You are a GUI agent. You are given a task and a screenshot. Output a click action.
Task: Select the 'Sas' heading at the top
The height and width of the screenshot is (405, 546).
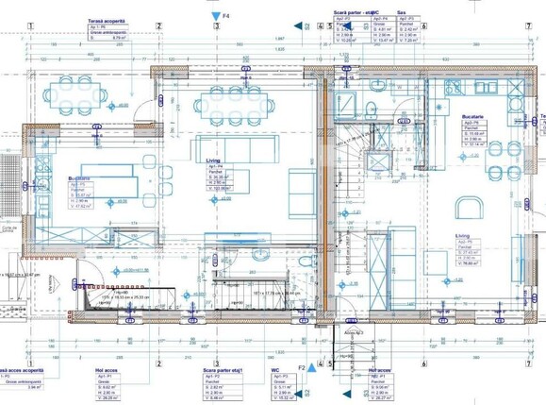pyautogui.click(x=401, y=14)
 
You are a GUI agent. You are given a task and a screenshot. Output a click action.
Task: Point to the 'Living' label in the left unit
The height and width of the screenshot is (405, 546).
pyautogui.click(x=213, y=161)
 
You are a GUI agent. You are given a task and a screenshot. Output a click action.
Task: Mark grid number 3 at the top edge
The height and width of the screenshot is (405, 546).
pyautogui.click(x=216, y=26)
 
